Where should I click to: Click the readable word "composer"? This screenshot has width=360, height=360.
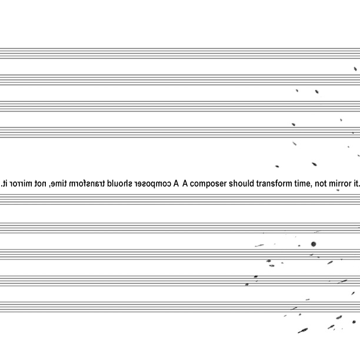[208, 184]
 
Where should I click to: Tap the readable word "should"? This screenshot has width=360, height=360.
[241, 184]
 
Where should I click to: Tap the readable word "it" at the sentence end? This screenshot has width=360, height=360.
[355, 184]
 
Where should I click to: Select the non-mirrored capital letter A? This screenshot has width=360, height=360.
[185, 184]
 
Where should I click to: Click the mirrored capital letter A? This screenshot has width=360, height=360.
[176, 184]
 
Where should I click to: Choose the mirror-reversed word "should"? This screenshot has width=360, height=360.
[119, 184]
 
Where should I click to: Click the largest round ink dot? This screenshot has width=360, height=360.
[314, 244]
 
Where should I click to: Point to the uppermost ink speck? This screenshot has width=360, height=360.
[355, 69]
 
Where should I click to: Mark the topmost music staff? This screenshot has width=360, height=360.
[180, 54]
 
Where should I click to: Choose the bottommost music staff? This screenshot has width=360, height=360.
[180, 307]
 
